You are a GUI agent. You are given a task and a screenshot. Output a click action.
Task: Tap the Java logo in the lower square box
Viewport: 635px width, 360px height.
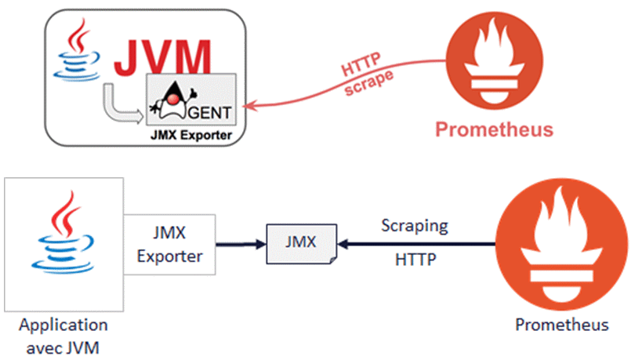coord(63,238)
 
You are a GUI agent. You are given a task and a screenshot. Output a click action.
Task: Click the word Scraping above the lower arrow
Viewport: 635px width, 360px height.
coord(415,226)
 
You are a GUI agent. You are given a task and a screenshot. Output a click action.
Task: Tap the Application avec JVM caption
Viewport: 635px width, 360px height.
coord(63,334)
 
